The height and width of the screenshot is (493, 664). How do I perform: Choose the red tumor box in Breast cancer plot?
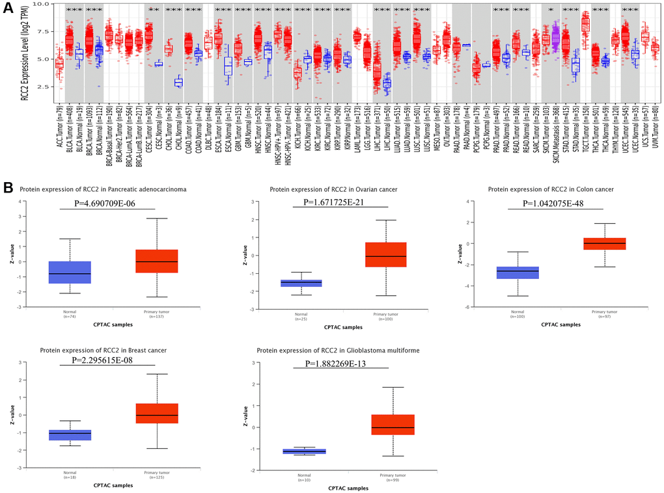[x=157, y=413]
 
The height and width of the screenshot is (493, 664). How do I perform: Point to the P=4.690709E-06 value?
[x=107, y=203]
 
